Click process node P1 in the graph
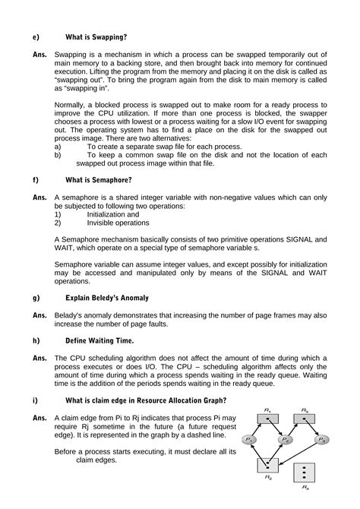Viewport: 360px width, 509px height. (250, 440)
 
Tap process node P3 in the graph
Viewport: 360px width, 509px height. (322, 440)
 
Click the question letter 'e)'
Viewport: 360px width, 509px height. (35, 36)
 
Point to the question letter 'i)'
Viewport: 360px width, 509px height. (34, 400)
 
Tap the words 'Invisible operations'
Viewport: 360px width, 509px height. (118, 223)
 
